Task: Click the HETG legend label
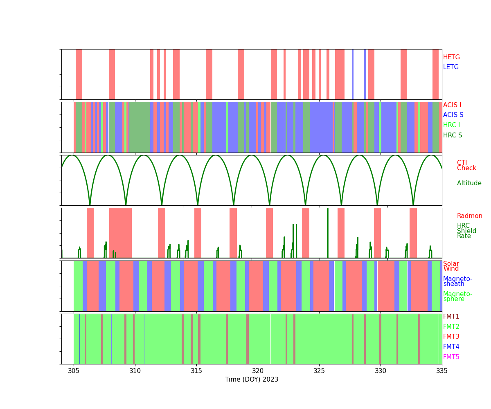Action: coord(451,57)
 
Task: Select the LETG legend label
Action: coord(451,67)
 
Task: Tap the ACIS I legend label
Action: coord(452,105)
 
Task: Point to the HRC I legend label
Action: coord(451,125)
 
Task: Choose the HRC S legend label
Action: coord(453,135)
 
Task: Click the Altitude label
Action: coord(469,183)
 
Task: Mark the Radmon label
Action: coord(469,216)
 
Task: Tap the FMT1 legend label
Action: coord(451,317)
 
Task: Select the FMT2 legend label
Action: coord(451,327)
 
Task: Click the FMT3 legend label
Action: coord(451,337)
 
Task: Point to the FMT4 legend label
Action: coord(451,347)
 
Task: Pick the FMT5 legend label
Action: coord(451,357)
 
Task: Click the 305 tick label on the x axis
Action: coord(74,371)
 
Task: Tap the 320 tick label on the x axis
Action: coord(258,371)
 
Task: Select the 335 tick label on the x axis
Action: coord(442,371)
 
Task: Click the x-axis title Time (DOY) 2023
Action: coord(252,380)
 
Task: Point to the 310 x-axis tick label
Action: coord(135,371)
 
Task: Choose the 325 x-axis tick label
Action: coord(319,371)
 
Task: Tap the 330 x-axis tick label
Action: coord(381,371)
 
